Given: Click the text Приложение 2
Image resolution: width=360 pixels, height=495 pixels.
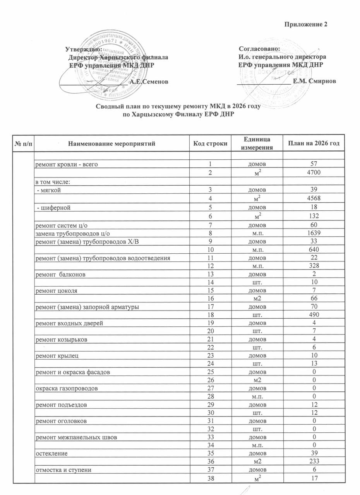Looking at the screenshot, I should tap(306, 24).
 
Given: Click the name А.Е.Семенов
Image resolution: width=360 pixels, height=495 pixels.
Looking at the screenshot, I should tap(149, 82).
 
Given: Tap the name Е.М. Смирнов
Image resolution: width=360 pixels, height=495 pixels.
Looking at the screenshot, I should tap(314, 81).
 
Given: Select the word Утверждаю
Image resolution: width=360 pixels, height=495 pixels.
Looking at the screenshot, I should tap(84, 49).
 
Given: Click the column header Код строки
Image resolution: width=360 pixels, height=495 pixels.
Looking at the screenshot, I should tap(210, 143).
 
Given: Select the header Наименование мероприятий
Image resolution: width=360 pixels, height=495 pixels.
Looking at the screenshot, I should tap(111, 143).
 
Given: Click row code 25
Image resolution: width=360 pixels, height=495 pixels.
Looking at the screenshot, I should tap(210, 372).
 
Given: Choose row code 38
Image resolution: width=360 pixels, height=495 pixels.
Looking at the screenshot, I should tap(210, 478).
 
